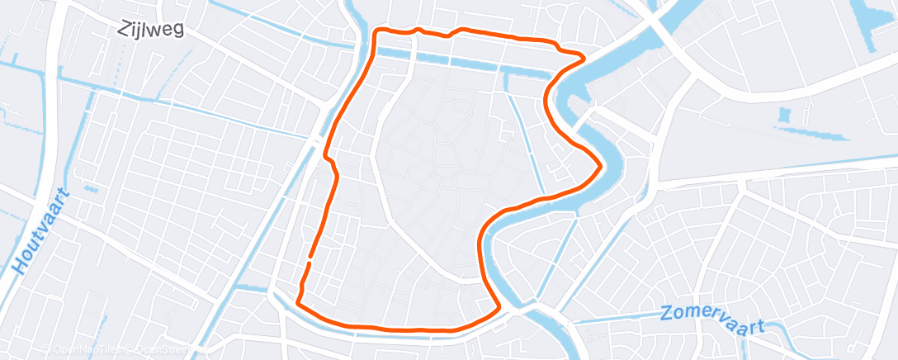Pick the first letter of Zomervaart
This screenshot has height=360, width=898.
667,315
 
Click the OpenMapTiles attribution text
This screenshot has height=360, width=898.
83,350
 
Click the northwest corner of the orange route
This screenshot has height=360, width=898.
377,32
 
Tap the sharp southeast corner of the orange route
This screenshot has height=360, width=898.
499,310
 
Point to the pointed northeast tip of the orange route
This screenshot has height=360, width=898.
584,58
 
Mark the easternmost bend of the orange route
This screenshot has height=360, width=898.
598,165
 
